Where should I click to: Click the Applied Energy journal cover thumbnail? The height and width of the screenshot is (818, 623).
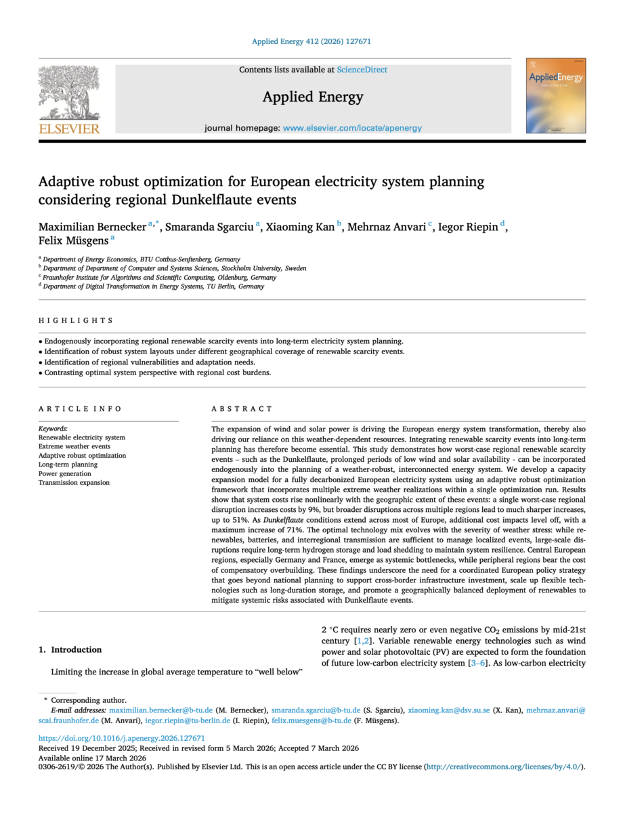(556, 95)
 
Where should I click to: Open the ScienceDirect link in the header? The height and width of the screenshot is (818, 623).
(362, 70)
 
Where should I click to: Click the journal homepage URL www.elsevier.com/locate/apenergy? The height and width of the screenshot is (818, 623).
(352, 128)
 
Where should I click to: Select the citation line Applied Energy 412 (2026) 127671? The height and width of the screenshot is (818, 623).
(311, 41)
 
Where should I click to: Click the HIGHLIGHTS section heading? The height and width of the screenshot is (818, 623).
(76, 320)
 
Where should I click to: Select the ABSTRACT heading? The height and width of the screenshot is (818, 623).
(242, 409)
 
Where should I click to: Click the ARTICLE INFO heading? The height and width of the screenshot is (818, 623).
(80, 409)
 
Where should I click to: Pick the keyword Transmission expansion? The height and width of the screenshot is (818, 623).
(74, 483)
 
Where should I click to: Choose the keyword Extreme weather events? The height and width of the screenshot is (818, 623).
(74, 447)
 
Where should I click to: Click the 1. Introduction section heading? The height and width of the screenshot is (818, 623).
(70, 649)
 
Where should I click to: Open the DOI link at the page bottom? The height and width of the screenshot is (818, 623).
(122, 738)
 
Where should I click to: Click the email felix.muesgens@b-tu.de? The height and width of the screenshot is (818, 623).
(311, 720)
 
